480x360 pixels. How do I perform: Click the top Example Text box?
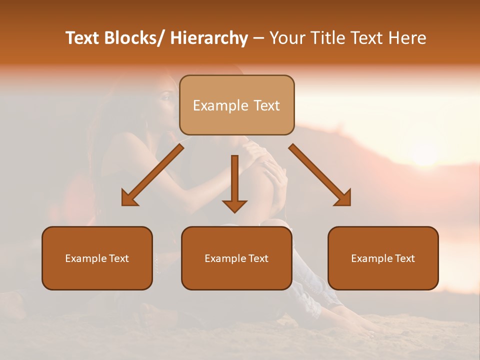(x=236, y=105)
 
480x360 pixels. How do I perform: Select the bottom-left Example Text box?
(x=97, y=258)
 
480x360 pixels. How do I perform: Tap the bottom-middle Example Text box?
(x=236, y=258)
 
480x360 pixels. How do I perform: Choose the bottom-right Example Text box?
(x=383, y=258)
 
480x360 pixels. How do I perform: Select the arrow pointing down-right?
(x=320, y=175)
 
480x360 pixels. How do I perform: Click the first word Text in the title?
(x=82, y=38)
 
